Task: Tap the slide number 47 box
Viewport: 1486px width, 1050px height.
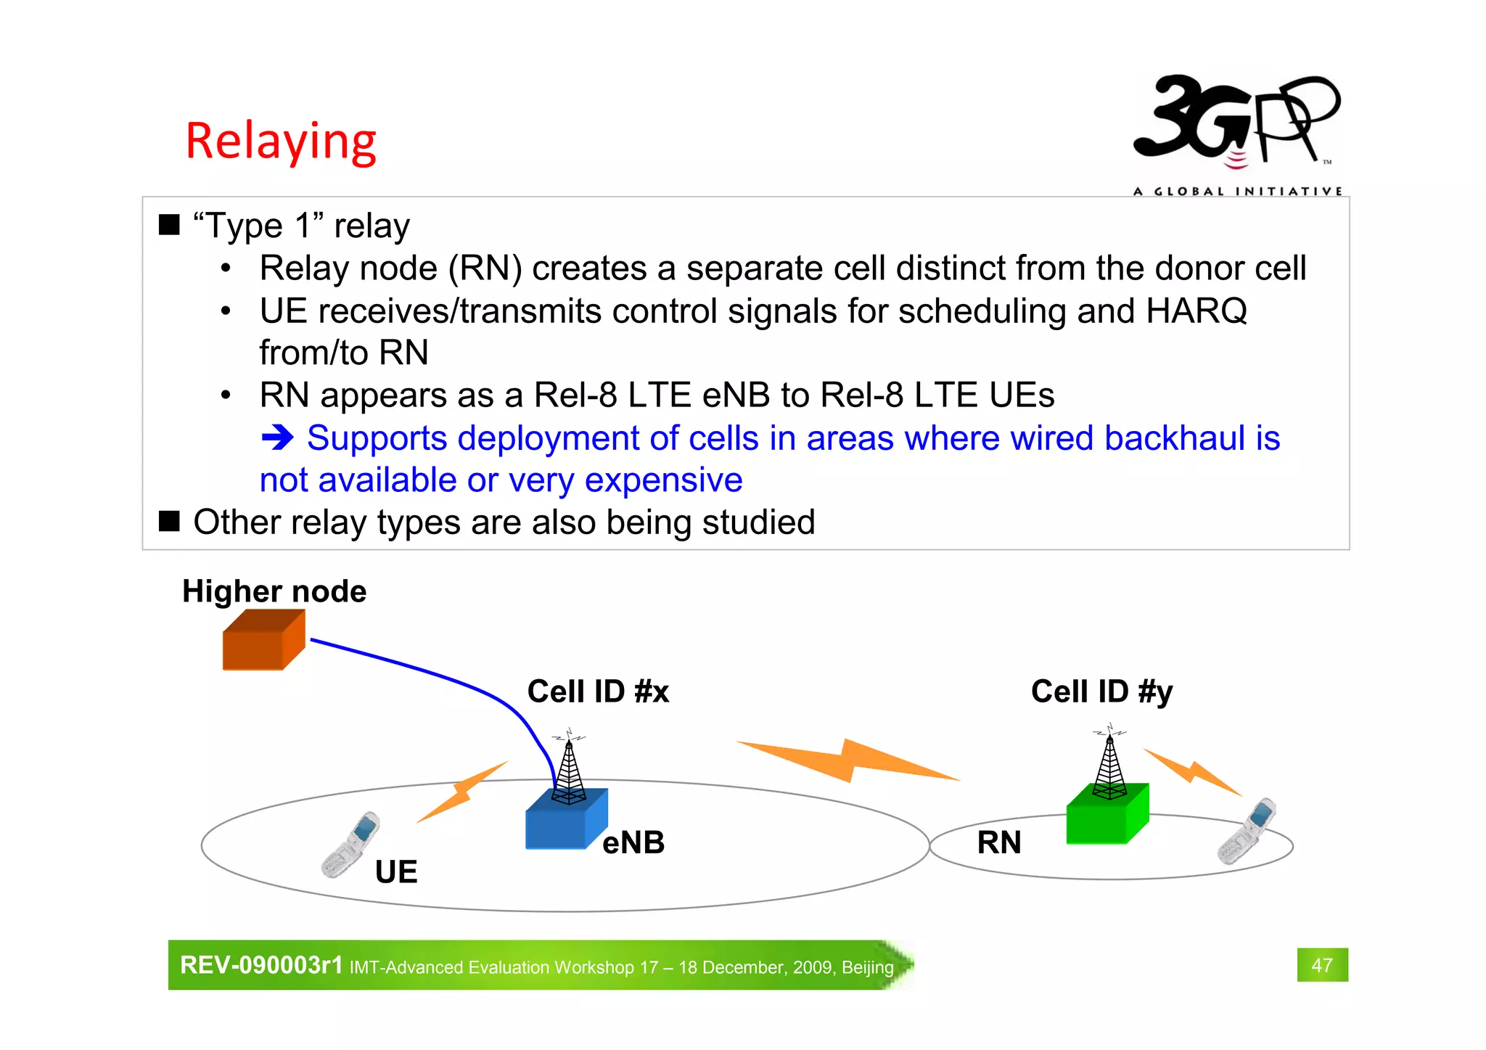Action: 1322,964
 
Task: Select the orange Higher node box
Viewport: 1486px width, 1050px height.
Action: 263,640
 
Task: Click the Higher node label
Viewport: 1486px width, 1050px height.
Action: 274,591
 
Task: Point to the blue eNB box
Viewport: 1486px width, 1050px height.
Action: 565,821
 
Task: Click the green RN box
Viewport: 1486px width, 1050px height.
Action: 1106,816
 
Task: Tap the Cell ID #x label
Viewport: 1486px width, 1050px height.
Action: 598,692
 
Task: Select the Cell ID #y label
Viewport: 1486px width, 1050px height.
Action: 1101,692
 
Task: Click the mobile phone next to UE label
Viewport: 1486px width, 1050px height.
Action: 351,845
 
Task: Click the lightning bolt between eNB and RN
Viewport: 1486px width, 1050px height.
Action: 847,761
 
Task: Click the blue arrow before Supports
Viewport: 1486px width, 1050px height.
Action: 277,438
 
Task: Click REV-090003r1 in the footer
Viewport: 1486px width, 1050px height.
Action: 261,965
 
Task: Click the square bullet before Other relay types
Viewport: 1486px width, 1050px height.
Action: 169,522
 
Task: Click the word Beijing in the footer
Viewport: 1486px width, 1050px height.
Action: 867,967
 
